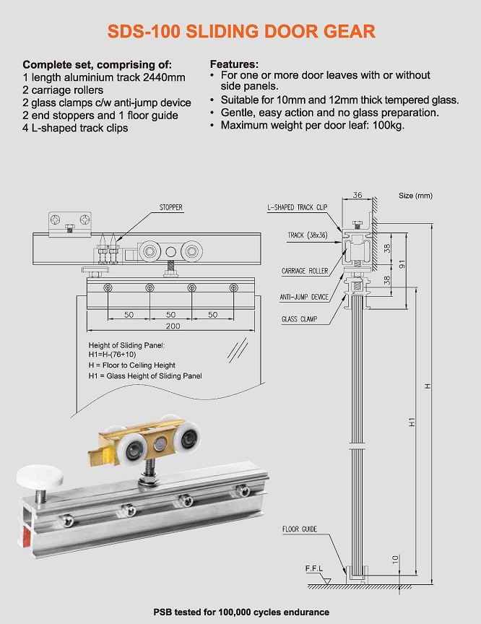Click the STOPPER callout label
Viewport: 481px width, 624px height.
[170, 207]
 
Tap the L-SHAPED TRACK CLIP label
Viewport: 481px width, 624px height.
[298, 207]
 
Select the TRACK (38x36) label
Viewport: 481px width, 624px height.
[307, 235]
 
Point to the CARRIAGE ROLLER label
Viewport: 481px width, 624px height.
[305, 271]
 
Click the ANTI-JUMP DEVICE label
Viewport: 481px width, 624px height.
[304, 297]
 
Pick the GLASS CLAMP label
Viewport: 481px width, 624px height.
[299, 318]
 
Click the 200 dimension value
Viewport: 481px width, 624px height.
[170, 326]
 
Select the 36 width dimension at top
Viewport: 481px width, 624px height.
[357, 194]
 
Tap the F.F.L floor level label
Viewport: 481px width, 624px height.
[315, 569]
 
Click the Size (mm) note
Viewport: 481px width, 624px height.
[415, 196]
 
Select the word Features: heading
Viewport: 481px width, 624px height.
[234, 64]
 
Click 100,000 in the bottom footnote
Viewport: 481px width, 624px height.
[236, 612]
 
